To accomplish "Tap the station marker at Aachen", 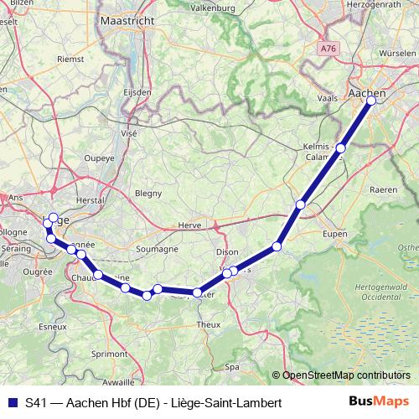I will pos(371,101).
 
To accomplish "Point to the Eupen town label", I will pos(334,234).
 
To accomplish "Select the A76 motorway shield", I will pos(328,50).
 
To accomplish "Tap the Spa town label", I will pos(232,366).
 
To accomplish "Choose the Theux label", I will pos(207,323).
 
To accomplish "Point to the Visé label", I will pos(129,132).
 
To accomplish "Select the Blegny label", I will pos(148,193).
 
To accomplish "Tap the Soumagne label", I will pos(157,249).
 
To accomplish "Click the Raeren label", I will pos(383,190).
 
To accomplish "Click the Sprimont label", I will pos(111,354).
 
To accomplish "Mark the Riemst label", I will pos(69,59).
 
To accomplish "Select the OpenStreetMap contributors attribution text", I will pos(346,375).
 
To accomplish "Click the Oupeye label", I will pos(99,157).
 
